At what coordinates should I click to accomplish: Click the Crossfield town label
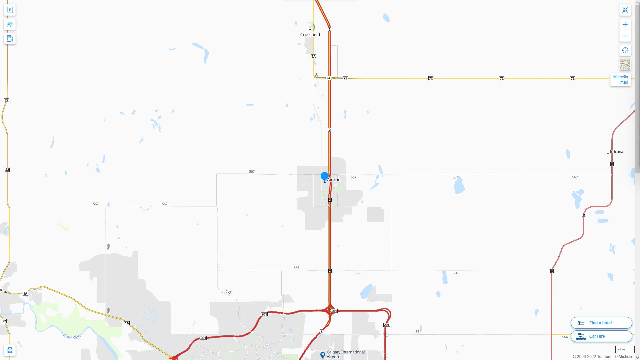click(310, 35)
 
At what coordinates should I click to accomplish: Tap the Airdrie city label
click(334, 180)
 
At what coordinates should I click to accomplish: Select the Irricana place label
click(616, 152)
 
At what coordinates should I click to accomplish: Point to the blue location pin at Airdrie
click(325, 176)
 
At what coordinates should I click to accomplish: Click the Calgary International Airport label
click(345, 354)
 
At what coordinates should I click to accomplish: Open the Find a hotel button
click(601, 323)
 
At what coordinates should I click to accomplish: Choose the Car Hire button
click(601, 336)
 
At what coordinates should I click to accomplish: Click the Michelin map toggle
click(620, 80)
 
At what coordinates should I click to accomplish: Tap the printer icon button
click(10, 350)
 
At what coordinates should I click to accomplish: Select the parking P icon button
click(10, 10)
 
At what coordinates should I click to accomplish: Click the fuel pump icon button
click(10, 39)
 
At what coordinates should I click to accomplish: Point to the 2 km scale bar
click(625, 350)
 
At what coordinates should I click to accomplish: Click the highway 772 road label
click(228, 292)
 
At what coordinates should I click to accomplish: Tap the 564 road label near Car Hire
click(565, 337)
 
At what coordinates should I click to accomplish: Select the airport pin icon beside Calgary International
click(322, 355)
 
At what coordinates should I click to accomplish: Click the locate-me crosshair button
click(625, 51)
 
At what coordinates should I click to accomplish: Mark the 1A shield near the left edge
click(25, 294)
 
